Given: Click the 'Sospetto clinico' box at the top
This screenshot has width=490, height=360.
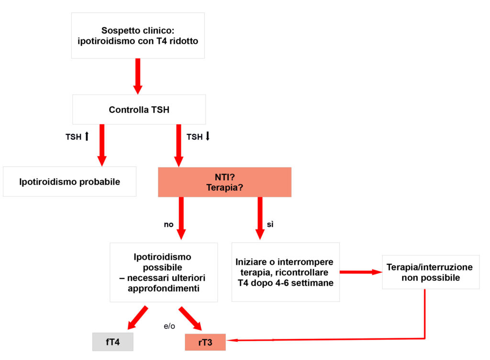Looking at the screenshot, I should click(x=138, y=35).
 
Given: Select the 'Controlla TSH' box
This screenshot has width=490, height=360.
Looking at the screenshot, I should click(x=139, y=109).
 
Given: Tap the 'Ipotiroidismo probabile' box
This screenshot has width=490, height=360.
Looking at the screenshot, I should click(x=69, y=182).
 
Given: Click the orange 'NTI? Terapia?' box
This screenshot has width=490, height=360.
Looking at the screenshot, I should click(x=224, y=182).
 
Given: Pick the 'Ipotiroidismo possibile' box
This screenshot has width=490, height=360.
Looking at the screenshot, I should click(x=163, y=273).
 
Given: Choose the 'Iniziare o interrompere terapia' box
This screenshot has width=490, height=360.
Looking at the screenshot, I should click(x=285, y=273).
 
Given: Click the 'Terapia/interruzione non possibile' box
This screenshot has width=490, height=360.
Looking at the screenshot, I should click(x=430, y=272).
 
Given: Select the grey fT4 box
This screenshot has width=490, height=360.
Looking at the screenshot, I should click(x=112, y=342).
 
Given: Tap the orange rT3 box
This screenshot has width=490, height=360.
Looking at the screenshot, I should click(x=205, y=342).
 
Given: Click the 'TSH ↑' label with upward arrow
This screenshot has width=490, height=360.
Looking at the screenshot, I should click(x=77, y=137).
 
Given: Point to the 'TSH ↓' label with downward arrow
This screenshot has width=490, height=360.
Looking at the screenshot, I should click(x=198, y=137).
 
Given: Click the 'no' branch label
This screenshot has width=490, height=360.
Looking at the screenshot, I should click(x=168, y=224).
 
